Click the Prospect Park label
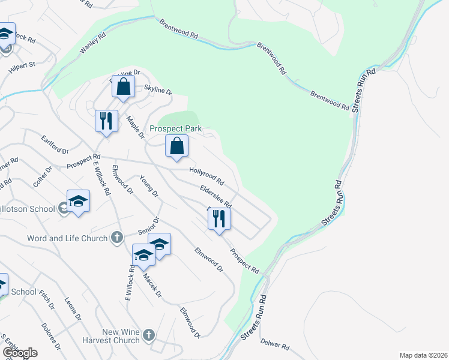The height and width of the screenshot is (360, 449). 175,129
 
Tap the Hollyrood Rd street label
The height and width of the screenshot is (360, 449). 206,176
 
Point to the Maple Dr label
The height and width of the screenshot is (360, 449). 136,127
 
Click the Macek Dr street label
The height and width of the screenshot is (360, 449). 152,286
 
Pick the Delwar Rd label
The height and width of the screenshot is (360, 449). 276,346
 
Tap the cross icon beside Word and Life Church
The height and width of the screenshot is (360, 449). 118,238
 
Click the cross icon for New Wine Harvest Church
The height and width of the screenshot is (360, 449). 149,335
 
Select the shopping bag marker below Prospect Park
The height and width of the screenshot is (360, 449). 177,146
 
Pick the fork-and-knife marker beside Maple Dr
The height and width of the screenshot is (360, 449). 106,121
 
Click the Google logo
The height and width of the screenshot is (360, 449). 20,353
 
